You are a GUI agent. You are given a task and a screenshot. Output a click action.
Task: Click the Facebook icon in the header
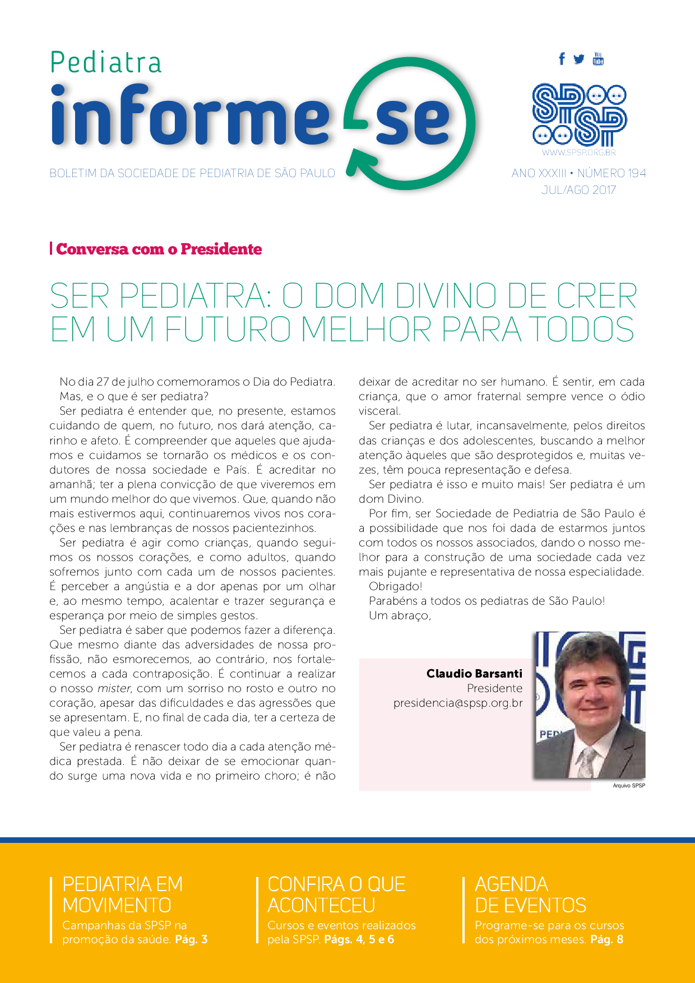[x=562, y=59]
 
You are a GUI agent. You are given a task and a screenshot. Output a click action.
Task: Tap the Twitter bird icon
[x=579, y=59]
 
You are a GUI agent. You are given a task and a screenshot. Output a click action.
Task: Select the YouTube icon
[x=598, y=58]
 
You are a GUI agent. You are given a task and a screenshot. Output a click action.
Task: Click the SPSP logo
[x=578, y=115]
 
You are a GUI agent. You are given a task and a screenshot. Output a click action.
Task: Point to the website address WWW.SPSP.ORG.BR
[x=578, y=152]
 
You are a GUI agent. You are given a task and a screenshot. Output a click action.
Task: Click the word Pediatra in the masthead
[x=106, y=62]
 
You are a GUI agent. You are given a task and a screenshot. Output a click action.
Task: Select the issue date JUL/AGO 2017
[x=578, y=190]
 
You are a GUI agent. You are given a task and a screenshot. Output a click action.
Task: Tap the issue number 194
[x=637, y=173]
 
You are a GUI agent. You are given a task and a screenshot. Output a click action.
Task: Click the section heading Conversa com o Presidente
[x=159, y=249]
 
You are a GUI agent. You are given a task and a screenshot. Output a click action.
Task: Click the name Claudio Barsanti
[x=474, y=674]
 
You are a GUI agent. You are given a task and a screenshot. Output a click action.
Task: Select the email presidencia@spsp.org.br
[x=458, y=703]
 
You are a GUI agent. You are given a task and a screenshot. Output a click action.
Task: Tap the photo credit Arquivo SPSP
[x=629, y=786]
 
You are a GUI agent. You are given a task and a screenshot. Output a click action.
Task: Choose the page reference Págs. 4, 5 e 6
[x=359, y=939]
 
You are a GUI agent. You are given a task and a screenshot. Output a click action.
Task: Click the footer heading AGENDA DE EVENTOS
[x=530, y=894]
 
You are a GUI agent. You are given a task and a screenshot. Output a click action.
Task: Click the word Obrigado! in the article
[x=395, y=587]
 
